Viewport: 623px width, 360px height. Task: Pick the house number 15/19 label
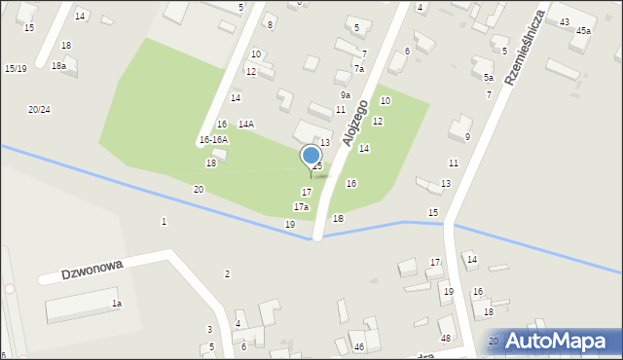tap(16, 68)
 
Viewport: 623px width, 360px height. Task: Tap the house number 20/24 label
tap(39, 109)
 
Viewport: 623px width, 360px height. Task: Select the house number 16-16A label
tap(213, 139)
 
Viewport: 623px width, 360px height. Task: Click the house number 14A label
tap(246, 124)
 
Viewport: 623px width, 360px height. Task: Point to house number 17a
tap(301, 206)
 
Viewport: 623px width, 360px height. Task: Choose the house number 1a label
tap(117, 304)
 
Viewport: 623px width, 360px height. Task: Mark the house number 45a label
tap(583, 30)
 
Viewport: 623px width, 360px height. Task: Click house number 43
tap(565, 21)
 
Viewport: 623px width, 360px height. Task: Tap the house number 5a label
tap(489, 77)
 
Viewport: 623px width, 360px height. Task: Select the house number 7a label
tap(358, 68)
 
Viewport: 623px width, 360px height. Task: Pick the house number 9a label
tap(346, 94)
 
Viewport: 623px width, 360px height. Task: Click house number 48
tap(446, 338)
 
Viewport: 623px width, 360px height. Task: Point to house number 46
tap(358, 346)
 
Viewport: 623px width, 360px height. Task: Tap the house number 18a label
tap(59, 65)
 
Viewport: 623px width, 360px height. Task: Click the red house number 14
tap(471, 259)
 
